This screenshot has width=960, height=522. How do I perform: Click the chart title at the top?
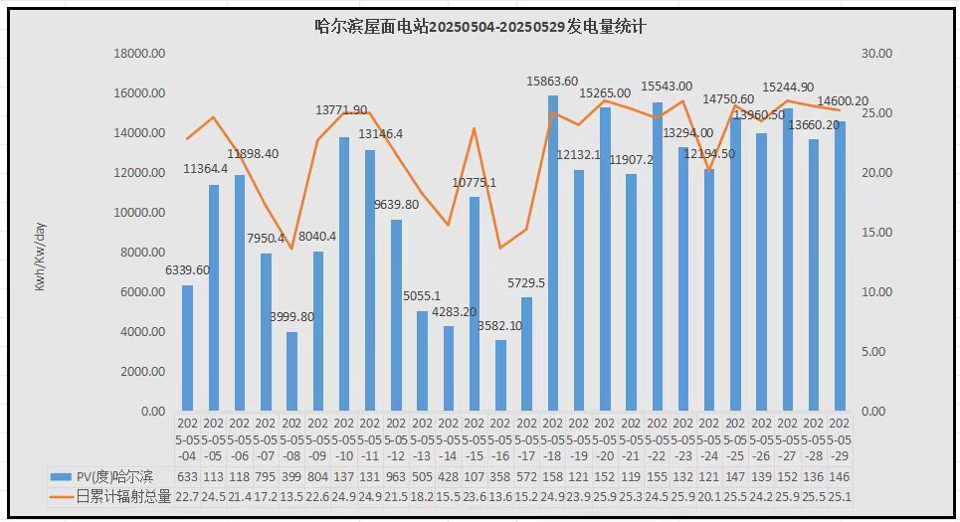click(480, 27)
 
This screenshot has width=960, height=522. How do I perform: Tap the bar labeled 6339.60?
click(187, 348)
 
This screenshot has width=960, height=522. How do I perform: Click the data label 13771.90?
click(341, 109)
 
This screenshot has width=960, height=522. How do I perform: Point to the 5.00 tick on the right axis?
click(876, 352)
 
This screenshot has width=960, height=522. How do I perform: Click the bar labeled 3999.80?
click(292, 372)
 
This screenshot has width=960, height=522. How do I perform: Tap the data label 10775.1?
click(474, 183)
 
